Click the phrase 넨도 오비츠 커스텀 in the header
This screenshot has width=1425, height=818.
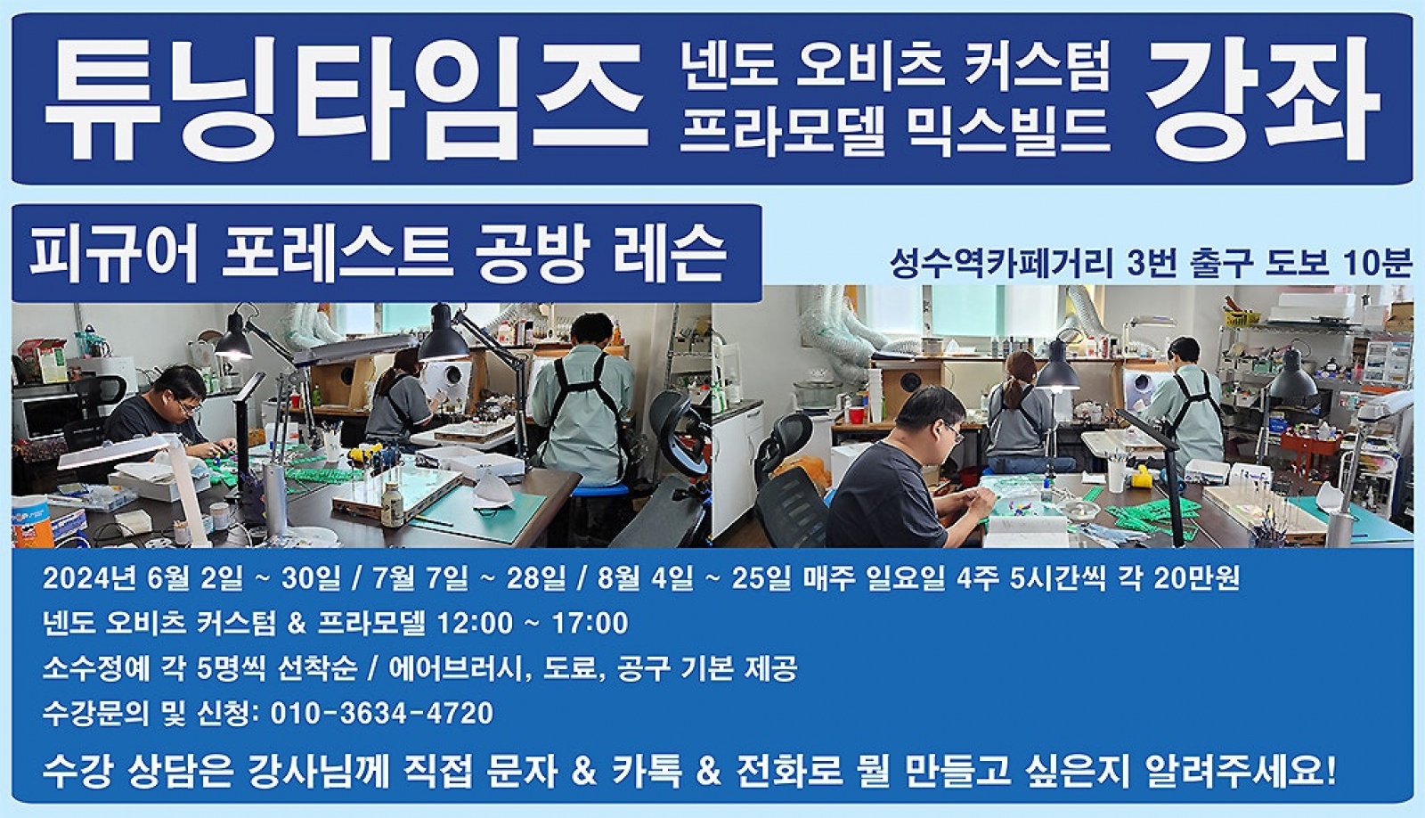point(896,66)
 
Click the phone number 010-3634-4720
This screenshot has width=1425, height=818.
point(382,713)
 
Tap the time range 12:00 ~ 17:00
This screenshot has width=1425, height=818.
point(533,623)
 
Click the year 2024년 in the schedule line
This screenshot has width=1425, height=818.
point(90,578)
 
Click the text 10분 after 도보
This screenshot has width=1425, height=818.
point(1377,263)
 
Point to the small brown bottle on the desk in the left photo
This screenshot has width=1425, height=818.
point(392,503)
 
